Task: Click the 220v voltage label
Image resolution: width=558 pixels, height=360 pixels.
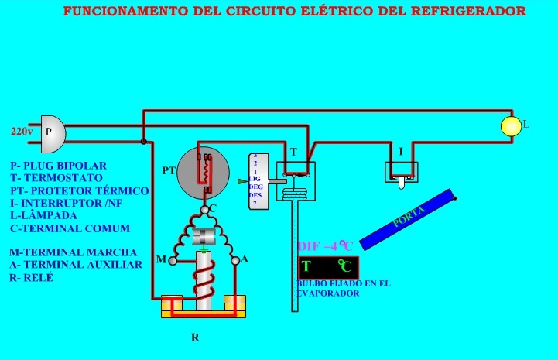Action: tap(21, 132)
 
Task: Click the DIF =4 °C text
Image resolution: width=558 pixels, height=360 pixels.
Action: tap(325, 246)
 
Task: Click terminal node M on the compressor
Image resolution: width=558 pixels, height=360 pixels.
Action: tap(173, 260)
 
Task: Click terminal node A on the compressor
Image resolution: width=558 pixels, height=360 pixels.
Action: tap(235, 261)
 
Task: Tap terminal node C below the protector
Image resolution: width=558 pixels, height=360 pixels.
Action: tap(204, 209)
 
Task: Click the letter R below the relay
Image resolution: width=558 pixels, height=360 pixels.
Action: tap(194, 338)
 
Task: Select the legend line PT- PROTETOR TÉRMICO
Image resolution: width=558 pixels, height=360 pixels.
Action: tap(79, 190)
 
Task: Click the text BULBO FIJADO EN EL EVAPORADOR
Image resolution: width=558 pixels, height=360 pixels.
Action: tap(344, 289)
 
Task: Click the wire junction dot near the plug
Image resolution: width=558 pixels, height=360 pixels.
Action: tap(143, 141)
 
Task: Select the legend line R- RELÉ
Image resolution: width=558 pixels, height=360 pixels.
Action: tap(32, 277)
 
